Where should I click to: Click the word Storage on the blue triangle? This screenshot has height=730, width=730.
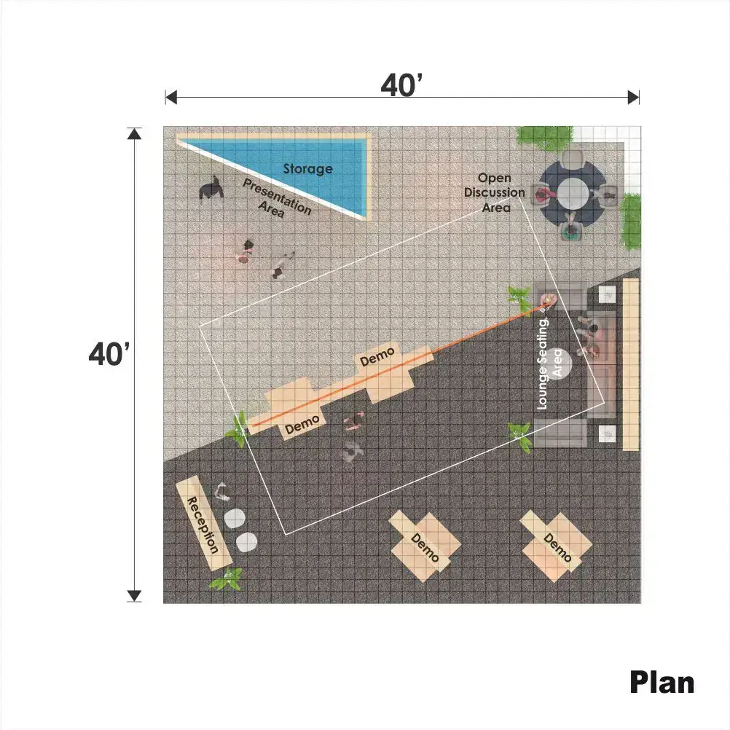tap(307, 168)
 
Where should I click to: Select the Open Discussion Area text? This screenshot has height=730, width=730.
tap(495, 193)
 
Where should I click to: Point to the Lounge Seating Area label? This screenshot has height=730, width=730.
tap(549, 364)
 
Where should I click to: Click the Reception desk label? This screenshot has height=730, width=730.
tap(203, 525)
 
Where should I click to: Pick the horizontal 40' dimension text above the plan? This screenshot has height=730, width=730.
tap(401, 85)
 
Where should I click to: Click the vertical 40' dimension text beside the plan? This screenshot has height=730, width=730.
tap(109, 354)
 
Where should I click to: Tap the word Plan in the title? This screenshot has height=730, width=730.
tap(662, 683)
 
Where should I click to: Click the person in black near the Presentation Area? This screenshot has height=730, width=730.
tap(211, 188)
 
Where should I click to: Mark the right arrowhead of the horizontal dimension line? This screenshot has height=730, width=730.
tap(634, 98)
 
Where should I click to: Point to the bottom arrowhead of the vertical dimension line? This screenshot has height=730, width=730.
tap(134, 596)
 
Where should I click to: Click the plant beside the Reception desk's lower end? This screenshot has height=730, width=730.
tap(227, 578)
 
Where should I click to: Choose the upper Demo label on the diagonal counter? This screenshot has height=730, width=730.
tap(377, 356)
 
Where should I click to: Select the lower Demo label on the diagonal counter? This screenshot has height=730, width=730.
tap(302, 425)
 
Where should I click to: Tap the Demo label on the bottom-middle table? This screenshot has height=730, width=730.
tap(425, 548)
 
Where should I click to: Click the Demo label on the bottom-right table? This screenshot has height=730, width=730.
tap(557, 548)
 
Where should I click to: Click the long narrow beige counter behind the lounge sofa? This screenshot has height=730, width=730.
tap(631, 364)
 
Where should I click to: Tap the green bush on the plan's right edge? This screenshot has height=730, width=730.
tap(631, 221)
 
